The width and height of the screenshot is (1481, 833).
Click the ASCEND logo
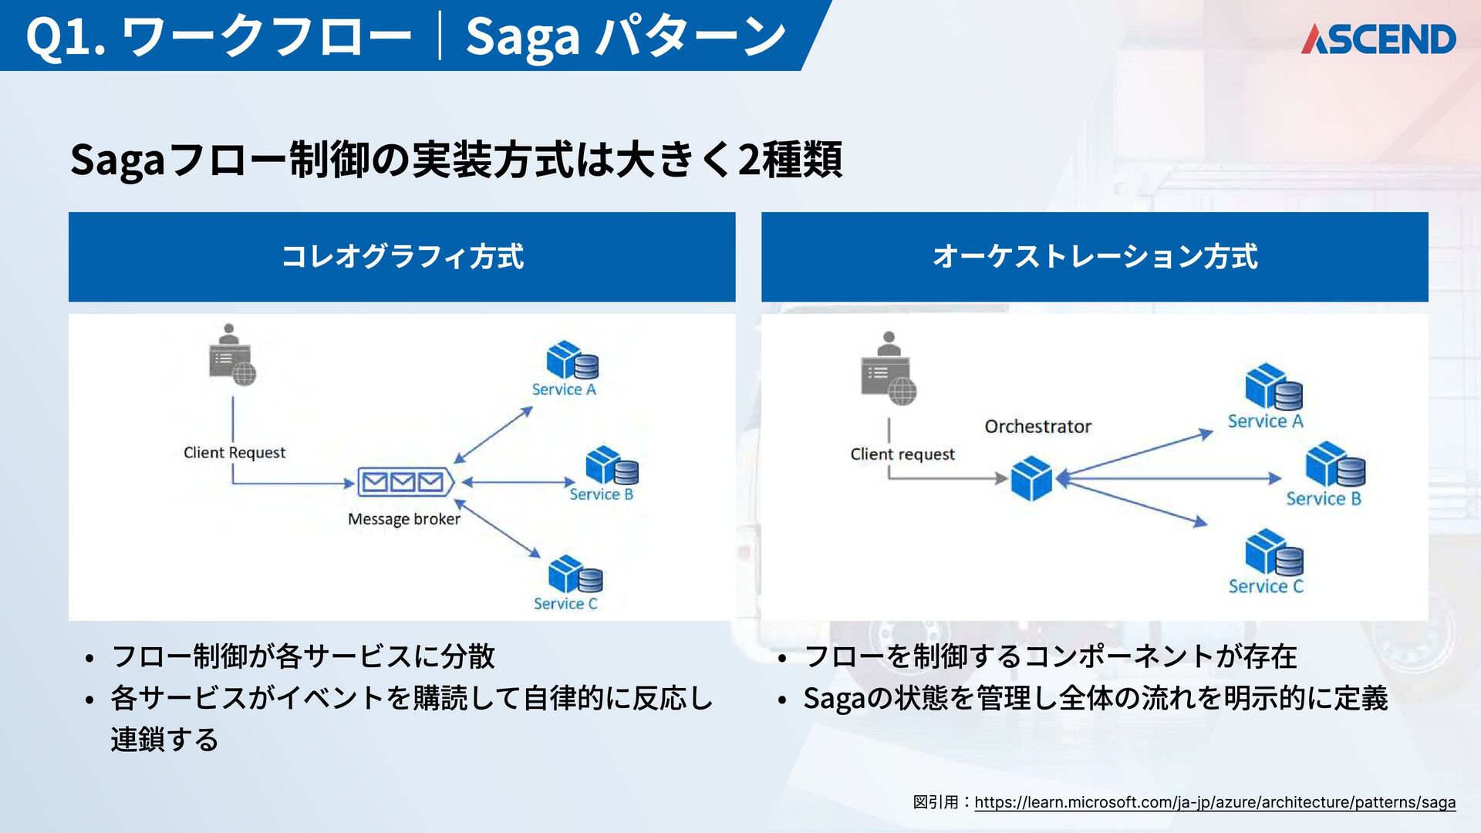(1378, 39)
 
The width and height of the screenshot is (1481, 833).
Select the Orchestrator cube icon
(1031, 478)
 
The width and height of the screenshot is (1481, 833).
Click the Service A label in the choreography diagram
(564, 390)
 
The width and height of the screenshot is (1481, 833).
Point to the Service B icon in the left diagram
(612, 466)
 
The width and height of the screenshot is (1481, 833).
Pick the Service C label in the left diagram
(565, 604)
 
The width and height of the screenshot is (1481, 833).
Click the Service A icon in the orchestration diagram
(1274, 387)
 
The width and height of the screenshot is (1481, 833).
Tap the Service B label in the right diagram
(1324, 499)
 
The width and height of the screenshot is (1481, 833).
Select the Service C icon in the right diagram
(1274, 552)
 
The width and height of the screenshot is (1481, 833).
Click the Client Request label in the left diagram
(234, 453)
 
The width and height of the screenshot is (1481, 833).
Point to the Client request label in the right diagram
(902, 454)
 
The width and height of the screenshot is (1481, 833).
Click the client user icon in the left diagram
(231, 355)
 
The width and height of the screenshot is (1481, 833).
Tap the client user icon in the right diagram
(889, 369)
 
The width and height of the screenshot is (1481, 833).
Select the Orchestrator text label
(1038, 427)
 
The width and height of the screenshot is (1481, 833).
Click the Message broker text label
(404, 519)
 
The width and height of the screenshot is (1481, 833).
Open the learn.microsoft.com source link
(1215, 802)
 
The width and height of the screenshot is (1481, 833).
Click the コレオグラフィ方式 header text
(402, 257)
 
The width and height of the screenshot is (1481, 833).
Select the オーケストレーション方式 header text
(1095, 257)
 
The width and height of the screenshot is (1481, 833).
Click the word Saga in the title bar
(522, 36)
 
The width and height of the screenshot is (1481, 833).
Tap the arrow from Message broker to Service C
(498, 530)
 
